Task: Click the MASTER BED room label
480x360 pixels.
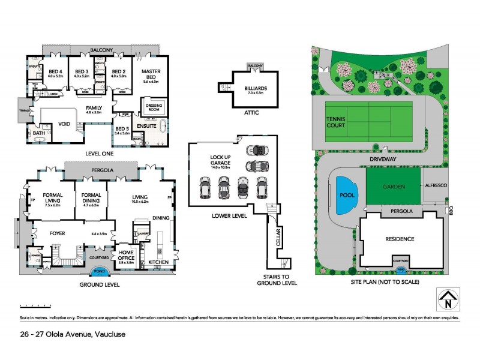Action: pos(151,74)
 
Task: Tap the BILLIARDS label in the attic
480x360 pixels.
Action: pos(256,89)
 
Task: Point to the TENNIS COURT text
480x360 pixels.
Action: pos(336,121)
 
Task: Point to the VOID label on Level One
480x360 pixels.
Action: pos(64,125)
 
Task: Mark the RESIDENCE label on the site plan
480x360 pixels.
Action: pos(399,239)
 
